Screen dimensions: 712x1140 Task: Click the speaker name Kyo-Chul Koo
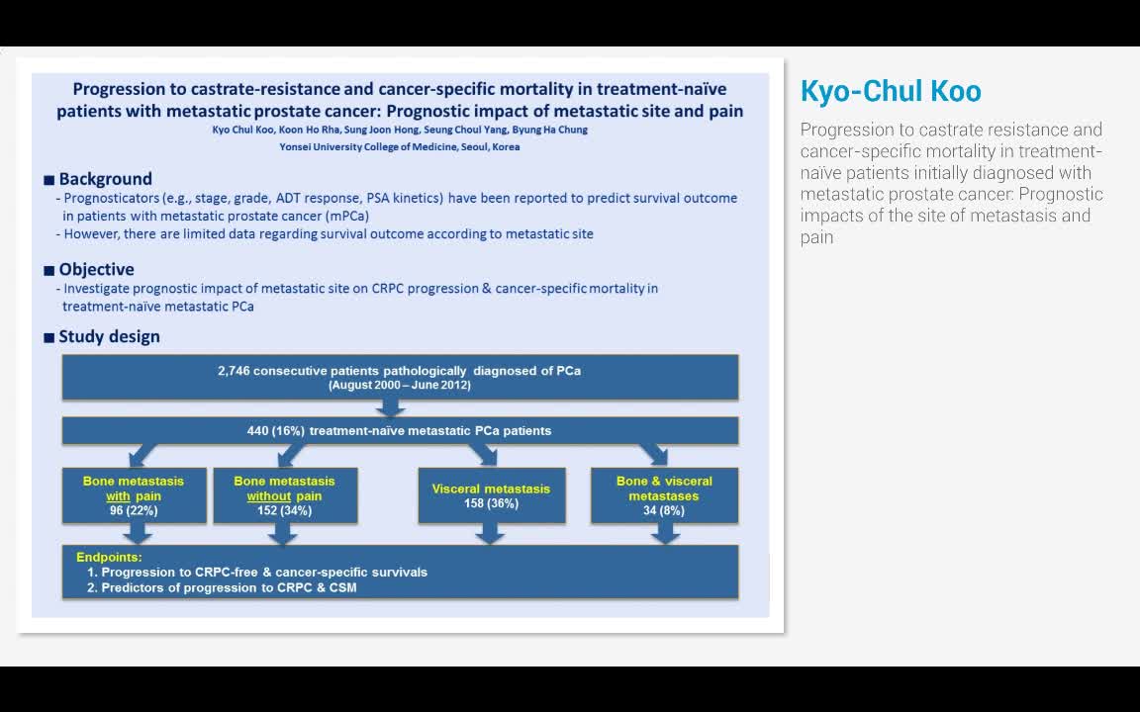[890, 91]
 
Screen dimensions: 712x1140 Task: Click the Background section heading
[105, 179]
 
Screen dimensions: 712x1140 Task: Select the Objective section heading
[96, 269]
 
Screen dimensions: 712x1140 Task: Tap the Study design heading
[109, 336]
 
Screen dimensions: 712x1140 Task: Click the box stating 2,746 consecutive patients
[400, 377]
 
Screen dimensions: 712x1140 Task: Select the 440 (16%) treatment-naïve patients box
[400, 430]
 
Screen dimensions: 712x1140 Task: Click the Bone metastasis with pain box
[134, 494]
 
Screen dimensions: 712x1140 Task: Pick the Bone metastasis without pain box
[284, 494]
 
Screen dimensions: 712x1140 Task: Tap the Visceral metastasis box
[491, 494]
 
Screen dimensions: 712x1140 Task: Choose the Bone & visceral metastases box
[664, 494]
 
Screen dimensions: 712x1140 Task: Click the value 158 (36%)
[491, 503]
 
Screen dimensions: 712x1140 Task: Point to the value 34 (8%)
[664, 510]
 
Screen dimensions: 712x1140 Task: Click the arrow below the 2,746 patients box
[390, 407]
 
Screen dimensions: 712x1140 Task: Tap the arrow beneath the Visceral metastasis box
[489, 533]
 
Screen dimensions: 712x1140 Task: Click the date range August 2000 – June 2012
[400, 385]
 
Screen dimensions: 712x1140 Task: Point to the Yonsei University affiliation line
[400, 146]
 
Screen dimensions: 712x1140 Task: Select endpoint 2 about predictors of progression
[222, 587]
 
